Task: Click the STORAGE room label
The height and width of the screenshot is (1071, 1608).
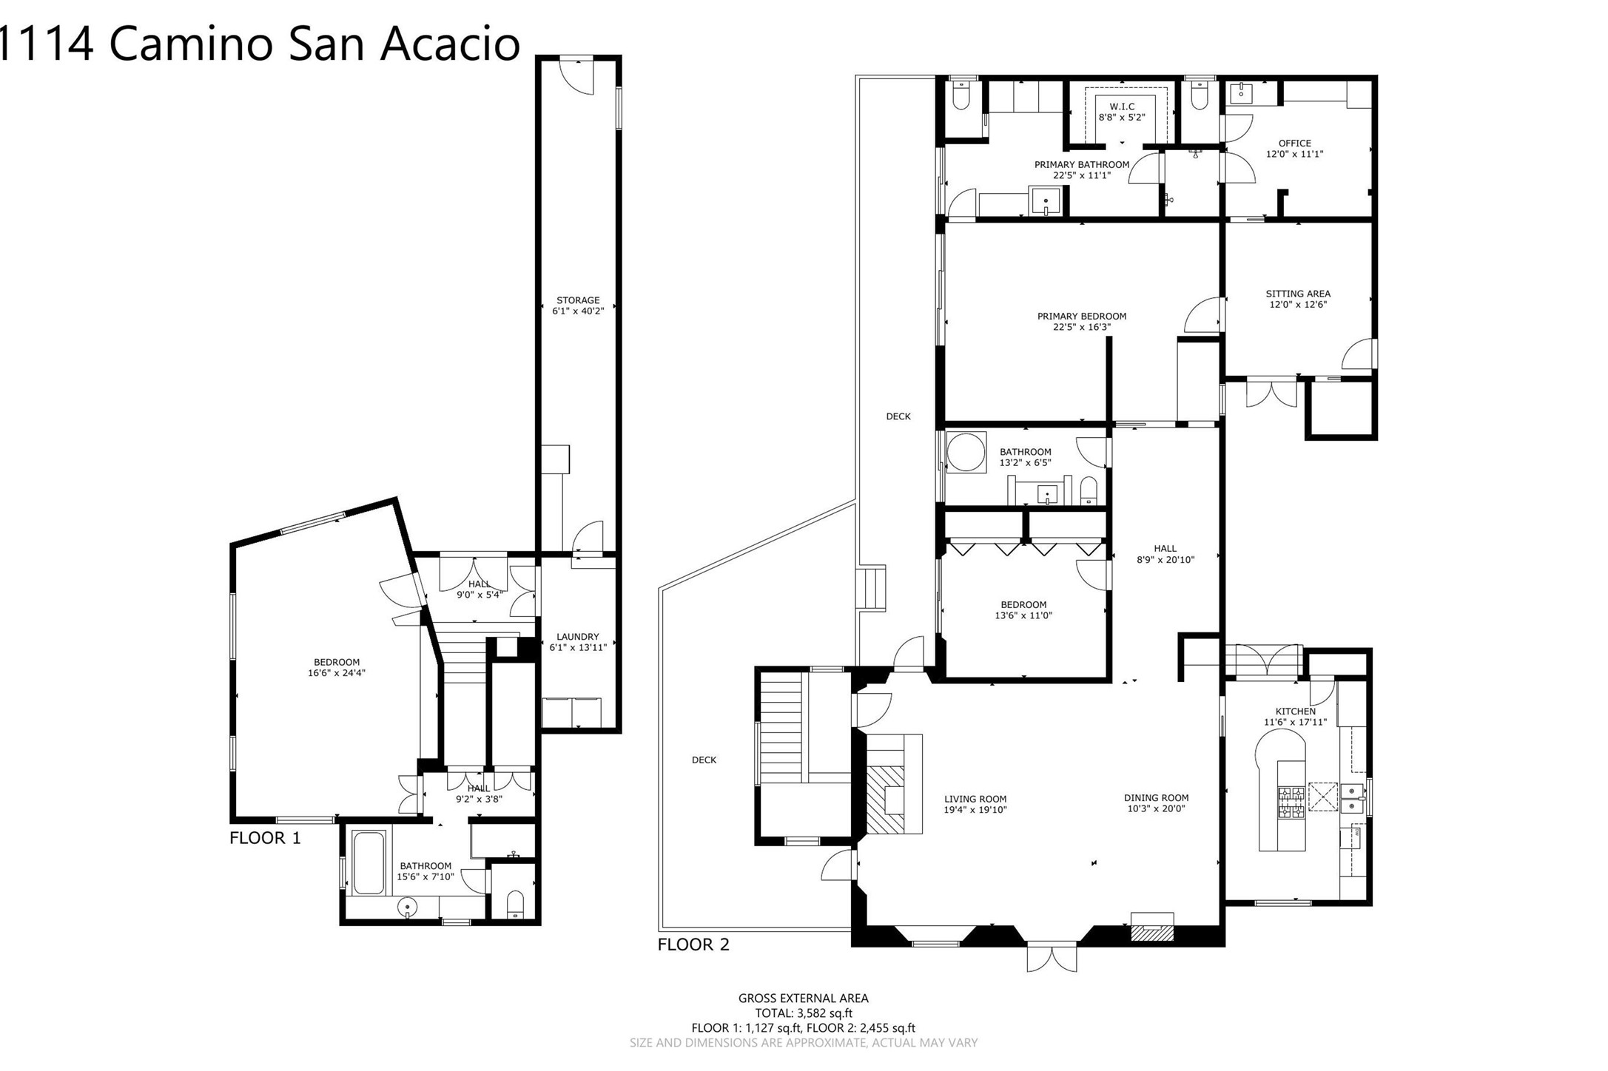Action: (578, 300)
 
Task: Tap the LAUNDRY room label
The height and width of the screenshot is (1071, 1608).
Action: (577, 637)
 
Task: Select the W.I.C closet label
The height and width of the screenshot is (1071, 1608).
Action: (1122, 107)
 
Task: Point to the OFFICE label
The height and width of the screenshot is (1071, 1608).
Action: (1294, 143)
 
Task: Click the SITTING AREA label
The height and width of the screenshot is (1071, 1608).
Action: (1298, 294)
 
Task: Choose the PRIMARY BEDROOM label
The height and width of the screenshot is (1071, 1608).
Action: (1082, 317)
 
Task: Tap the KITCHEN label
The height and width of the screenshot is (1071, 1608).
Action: (1295, 712)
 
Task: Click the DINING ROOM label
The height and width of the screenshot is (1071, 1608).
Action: (1156, 798)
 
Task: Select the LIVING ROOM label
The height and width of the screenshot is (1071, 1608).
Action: (975, 799)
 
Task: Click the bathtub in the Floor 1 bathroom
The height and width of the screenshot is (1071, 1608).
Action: (369, 862)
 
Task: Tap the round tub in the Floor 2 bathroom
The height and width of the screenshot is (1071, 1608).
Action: (966, 452)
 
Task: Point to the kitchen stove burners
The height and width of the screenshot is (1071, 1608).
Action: (1291, 802)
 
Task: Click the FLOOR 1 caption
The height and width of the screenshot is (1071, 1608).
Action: (265, 838)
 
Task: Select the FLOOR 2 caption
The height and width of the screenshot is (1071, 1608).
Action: (693, 945)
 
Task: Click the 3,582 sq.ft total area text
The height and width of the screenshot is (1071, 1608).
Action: (824, 1013)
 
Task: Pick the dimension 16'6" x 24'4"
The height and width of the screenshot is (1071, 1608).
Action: (337, 673)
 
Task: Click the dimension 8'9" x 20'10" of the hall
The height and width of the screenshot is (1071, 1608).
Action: (1165, 560)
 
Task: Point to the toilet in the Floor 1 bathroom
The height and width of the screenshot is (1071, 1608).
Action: (515, 905)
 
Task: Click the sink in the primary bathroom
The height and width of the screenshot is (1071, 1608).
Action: (1046, 200)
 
